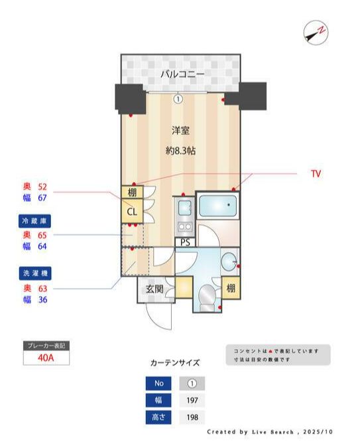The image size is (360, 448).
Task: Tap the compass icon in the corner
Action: tap(315, 33)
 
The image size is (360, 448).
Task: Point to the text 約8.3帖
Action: tap(181, 151)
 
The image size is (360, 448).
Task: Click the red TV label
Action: tap(316, 174)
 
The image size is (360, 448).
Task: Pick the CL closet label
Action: tap(131, 212)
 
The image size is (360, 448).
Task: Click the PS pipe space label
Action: tap(186, 242)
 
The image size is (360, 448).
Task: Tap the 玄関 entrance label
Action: tap(154, 289)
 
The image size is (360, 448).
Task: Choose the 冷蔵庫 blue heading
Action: tap(35, 220)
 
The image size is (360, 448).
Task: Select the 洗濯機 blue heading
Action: tap(35, 273)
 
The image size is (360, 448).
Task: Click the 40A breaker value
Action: tap(46, 358)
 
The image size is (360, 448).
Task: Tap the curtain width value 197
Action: tap(192, 401)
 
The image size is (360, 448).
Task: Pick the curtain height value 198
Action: tap(192, 418)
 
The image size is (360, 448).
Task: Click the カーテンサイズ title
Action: tap(175, 363)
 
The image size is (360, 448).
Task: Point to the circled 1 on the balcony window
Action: tap(178, 99)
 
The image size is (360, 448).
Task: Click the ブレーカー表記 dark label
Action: tap(46, 346)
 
